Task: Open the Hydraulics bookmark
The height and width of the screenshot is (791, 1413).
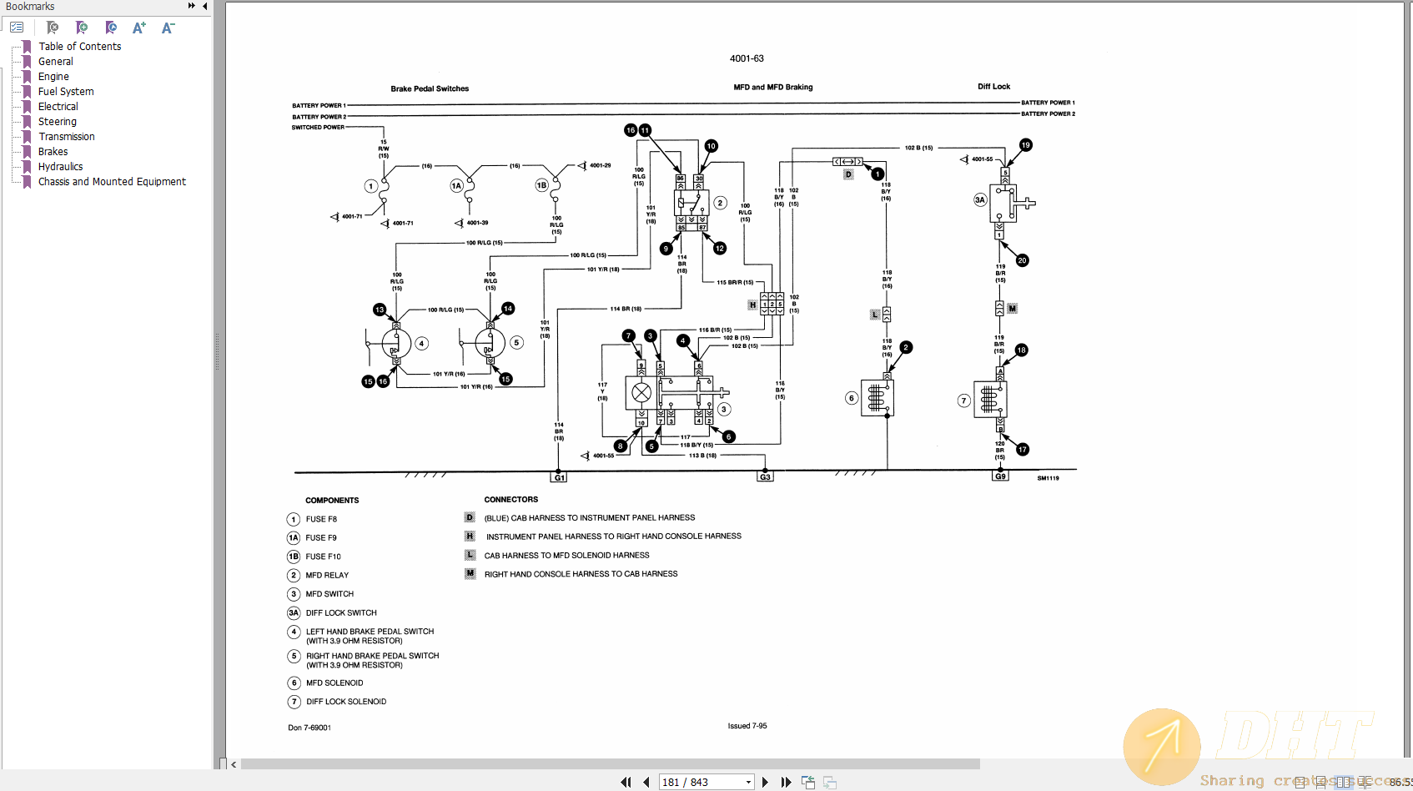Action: pos(60,167)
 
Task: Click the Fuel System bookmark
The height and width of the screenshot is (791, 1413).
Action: pos(66,92)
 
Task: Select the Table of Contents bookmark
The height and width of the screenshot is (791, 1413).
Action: pos(79,47)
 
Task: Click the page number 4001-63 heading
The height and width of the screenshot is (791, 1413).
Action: pos(747,58)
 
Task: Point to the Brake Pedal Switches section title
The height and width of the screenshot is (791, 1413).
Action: pos(430,88)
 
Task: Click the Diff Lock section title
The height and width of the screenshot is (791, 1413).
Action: pos(993,87)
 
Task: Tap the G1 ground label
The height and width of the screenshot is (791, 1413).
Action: pos(559,477)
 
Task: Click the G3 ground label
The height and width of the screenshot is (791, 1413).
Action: pos(765,477)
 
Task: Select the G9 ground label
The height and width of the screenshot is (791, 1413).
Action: pos(1000,476)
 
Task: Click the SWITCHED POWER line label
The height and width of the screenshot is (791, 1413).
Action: pos(317,128)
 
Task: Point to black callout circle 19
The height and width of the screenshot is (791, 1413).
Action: pos(1025,145)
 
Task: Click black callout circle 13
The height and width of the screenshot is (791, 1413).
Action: pos(380,310)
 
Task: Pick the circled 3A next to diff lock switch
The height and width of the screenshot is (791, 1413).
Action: pos(980,200)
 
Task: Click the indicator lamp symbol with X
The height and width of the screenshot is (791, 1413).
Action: pos(641,392)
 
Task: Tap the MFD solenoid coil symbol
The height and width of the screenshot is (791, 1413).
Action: pos(877,398)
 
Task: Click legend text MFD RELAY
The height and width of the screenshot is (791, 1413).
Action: pos(327,576)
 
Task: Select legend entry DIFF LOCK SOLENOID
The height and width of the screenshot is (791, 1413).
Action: pos(345,702)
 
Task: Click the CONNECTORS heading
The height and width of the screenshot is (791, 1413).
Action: pos(510,500)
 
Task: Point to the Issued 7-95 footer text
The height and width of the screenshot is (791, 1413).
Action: pos(747,726)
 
